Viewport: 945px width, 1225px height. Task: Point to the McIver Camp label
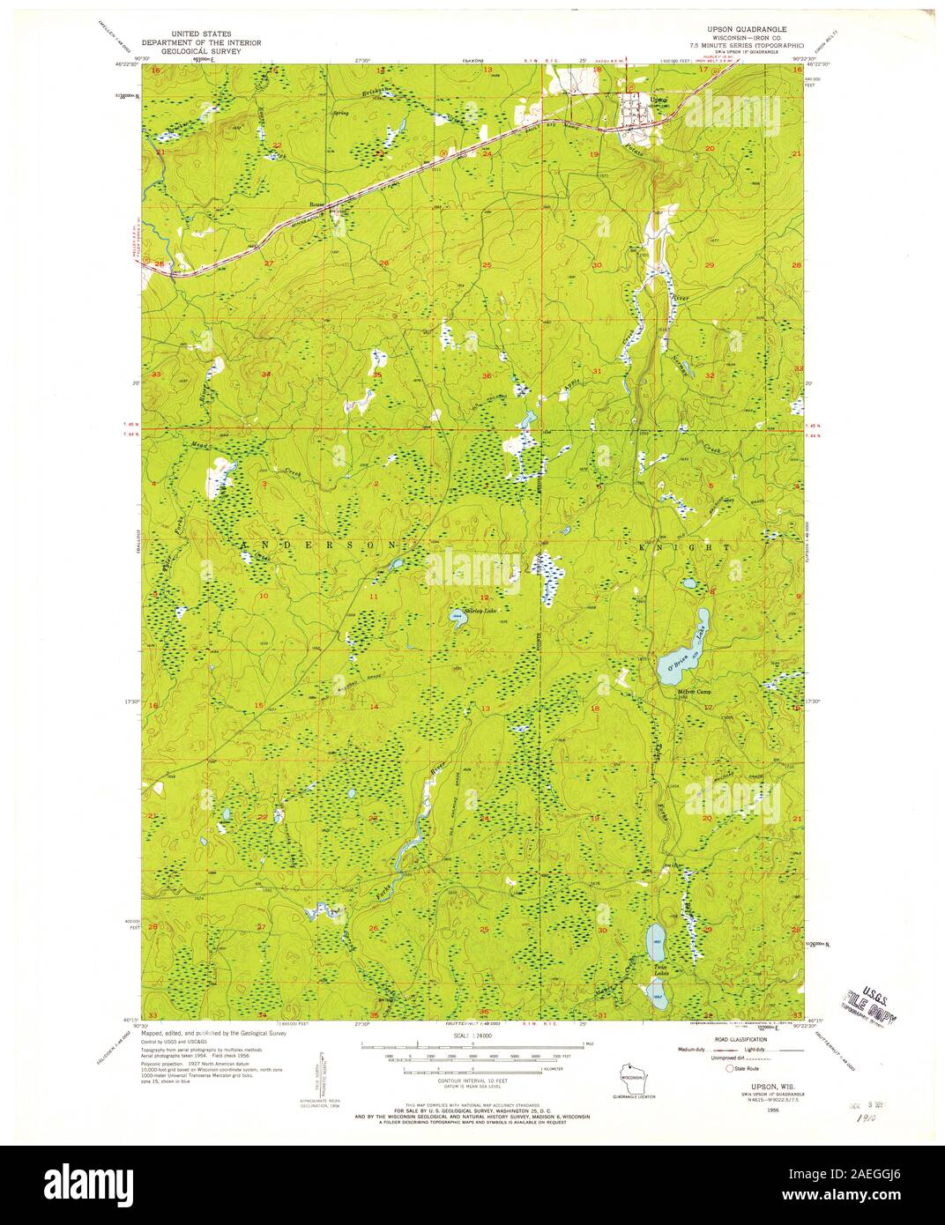click(693, 692)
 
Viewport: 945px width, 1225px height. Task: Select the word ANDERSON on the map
click(323, 546)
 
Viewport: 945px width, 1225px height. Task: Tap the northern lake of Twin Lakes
click(656, 944)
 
